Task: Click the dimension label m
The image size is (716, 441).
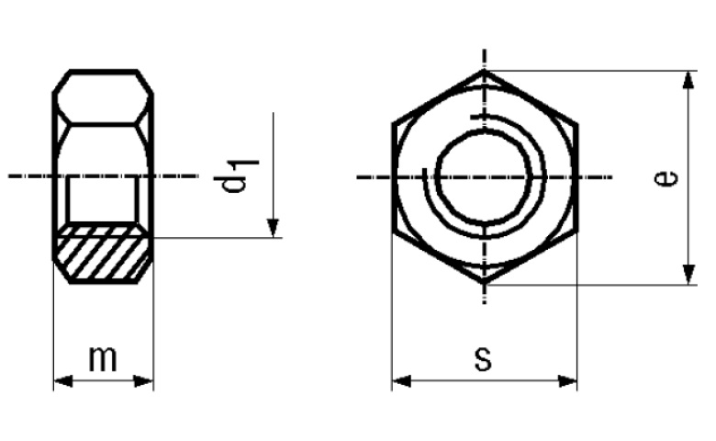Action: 103,358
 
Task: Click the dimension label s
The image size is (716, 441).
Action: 483,358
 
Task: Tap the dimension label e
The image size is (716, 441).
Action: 666,177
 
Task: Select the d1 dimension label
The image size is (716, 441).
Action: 236,176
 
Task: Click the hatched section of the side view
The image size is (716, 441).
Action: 103,253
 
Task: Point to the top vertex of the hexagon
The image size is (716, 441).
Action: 485,71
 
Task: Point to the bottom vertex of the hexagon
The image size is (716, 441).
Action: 485,284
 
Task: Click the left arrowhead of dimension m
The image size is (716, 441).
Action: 63,380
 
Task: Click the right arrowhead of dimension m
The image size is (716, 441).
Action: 143,380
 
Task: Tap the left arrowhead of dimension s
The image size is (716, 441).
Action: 401,380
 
